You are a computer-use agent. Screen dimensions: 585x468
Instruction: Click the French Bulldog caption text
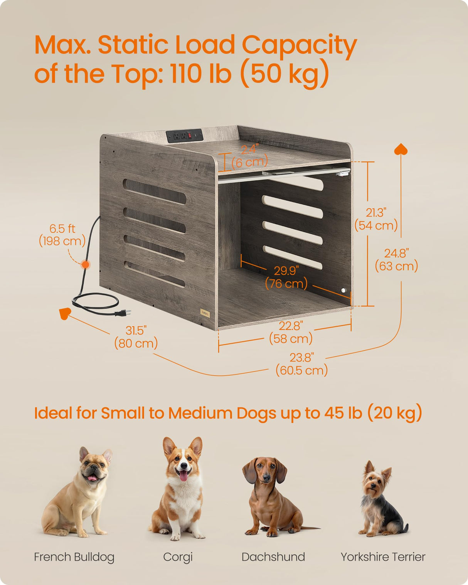[x=74, y=557]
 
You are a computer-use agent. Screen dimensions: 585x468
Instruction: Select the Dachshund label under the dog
[x=273, y=557]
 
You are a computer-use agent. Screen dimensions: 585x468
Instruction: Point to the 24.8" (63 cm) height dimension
[x=396, y=260]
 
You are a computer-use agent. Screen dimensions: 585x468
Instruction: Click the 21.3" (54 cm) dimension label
[x=376, y=219]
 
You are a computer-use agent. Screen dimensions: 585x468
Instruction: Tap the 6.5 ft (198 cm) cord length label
[x=62, y=235]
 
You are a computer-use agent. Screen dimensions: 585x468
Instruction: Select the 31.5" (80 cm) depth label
[x=136, y=337]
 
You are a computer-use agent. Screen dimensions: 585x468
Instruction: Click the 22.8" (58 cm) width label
[x=291, y=332]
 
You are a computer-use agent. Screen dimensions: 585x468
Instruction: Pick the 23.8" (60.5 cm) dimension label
[x=301, y=364]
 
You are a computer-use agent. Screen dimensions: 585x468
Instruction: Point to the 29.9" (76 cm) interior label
[x=286, y=277]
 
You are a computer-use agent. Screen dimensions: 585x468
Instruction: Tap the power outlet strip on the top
[x=185, y=136]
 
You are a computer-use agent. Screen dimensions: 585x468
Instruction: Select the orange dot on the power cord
[x=86, y=264]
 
